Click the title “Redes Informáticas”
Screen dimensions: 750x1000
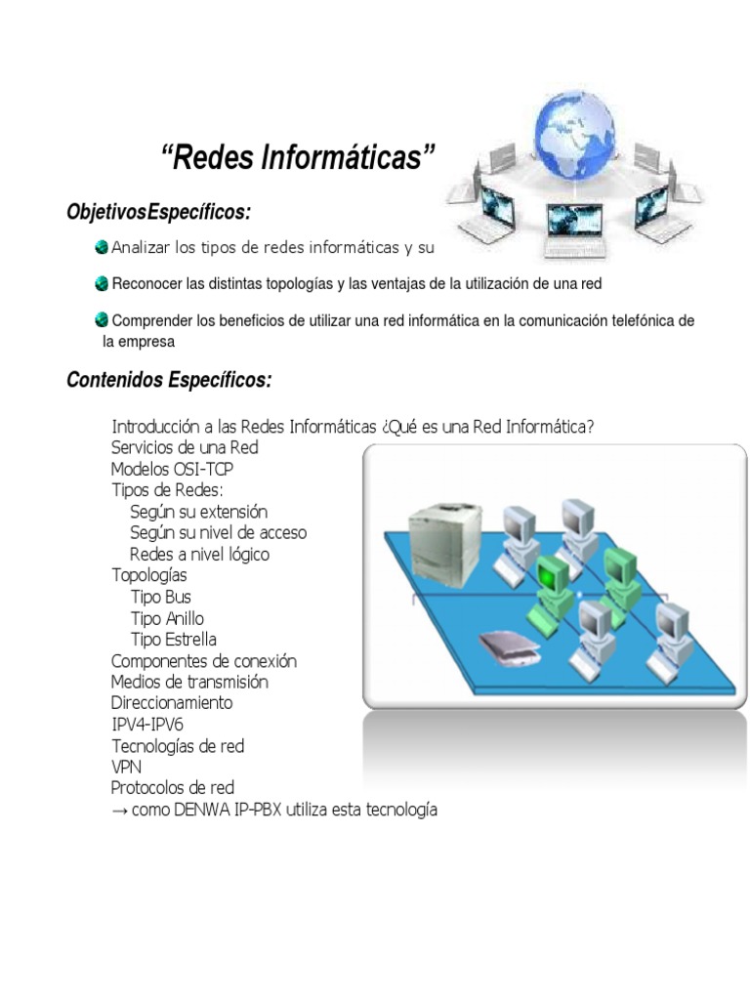[297, 157]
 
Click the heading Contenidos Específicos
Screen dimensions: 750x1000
[169, 380]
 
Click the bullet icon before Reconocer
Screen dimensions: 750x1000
[102, 283]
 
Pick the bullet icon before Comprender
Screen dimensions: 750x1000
[102, 319]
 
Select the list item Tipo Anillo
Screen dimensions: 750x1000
[167, 618]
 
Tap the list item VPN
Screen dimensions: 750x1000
[126, 767]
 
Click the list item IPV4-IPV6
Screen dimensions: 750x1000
[146, 725]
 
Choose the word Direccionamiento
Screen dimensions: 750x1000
[172, 703]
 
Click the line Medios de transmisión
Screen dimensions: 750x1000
[189, 682]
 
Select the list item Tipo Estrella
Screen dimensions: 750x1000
[174, 640]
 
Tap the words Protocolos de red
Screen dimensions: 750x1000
[172, 788]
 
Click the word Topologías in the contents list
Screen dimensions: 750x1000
[148, 575]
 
